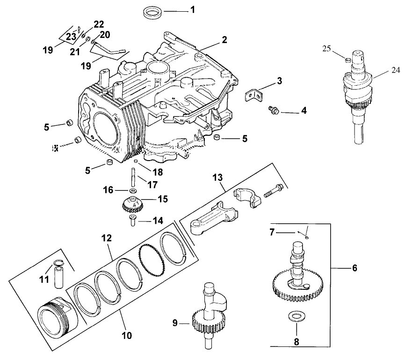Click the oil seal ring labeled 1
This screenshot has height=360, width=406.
[x=152, y=12]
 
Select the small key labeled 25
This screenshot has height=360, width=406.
[x=346, y=59]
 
